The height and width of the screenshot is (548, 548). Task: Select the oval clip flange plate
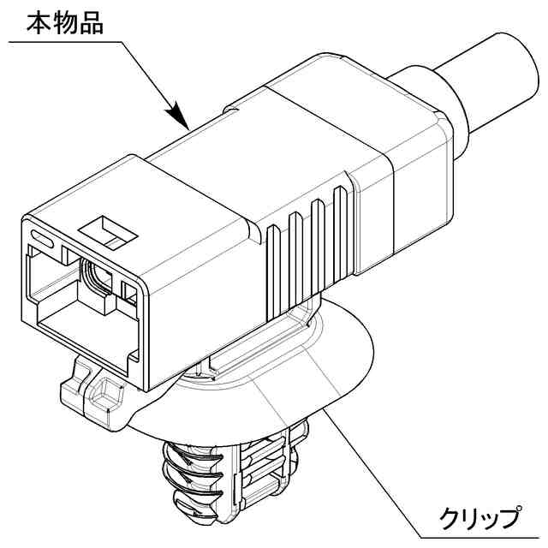[x=342, y=360]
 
